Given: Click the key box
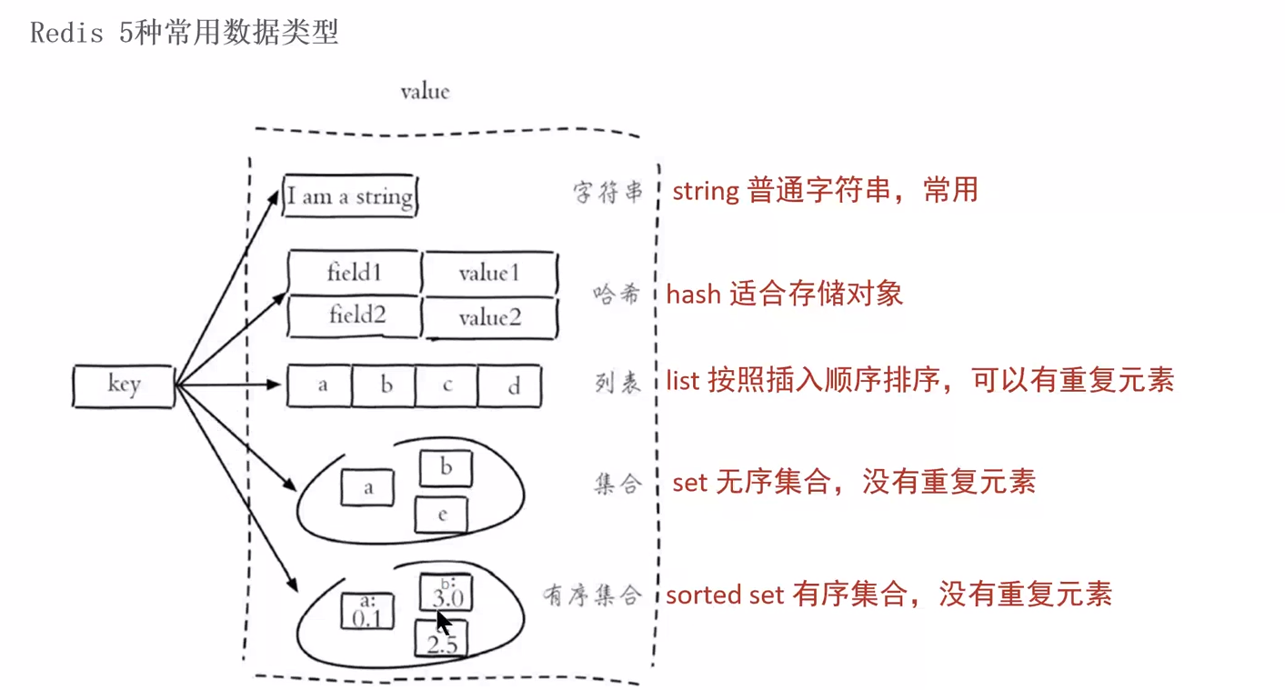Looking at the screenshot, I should tap(123, 385).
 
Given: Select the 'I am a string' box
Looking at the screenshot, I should tap(349, 196).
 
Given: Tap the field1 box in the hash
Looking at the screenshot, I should tap(354, 272).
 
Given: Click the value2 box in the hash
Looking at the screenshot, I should tap(490, 317).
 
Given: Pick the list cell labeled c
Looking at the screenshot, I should tap(447, 385).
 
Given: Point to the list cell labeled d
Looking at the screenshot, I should tap(510, 385).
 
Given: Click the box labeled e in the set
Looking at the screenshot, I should tap(442, 515).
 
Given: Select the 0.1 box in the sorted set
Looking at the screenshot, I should tap(367, 611).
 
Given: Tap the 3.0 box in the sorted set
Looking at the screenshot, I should tap(446, 593).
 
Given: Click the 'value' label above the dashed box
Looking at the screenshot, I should tap(425, 92).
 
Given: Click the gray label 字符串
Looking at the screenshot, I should tap(608, 193).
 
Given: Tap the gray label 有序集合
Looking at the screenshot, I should tap(592, 596).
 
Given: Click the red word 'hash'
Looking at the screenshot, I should tap(694, 294).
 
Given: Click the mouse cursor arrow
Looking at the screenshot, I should tap(443, 622).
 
